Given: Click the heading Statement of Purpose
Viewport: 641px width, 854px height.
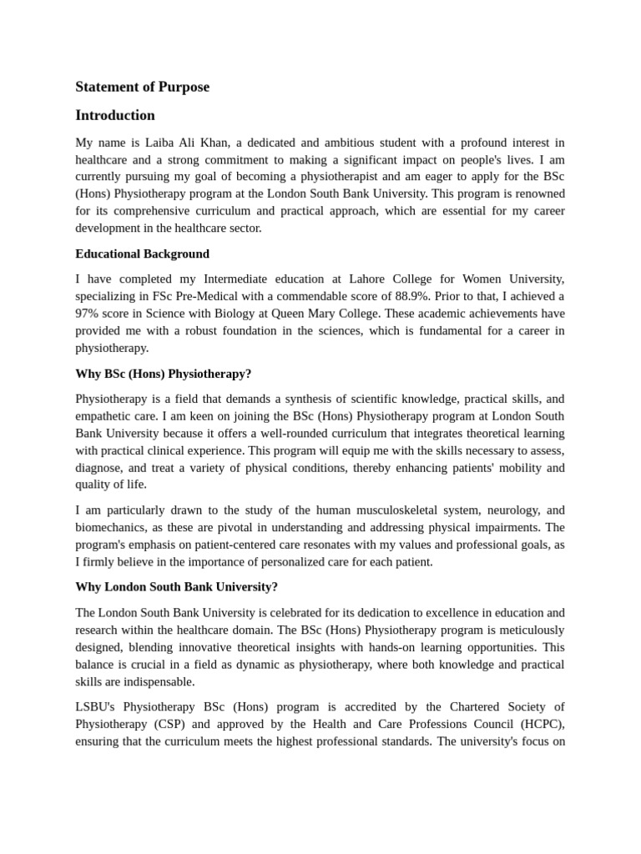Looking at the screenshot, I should coord(142,87).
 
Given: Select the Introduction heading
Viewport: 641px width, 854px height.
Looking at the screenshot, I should coord(115,115).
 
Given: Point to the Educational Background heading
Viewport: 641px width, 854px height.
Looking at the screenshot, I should coord(142,254).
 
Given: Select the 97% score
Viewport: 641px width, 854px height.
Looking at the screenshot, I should coord(89,314).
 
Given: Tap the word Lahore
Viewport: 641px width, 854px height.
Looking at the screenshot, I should coord(366,279).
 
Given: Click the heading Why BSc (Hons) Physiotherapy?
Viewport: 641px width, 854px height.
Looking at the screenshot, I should coord(163,374).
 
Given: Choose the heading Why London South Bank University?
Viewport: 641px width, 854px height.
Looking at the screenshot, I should coord(176,587).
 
